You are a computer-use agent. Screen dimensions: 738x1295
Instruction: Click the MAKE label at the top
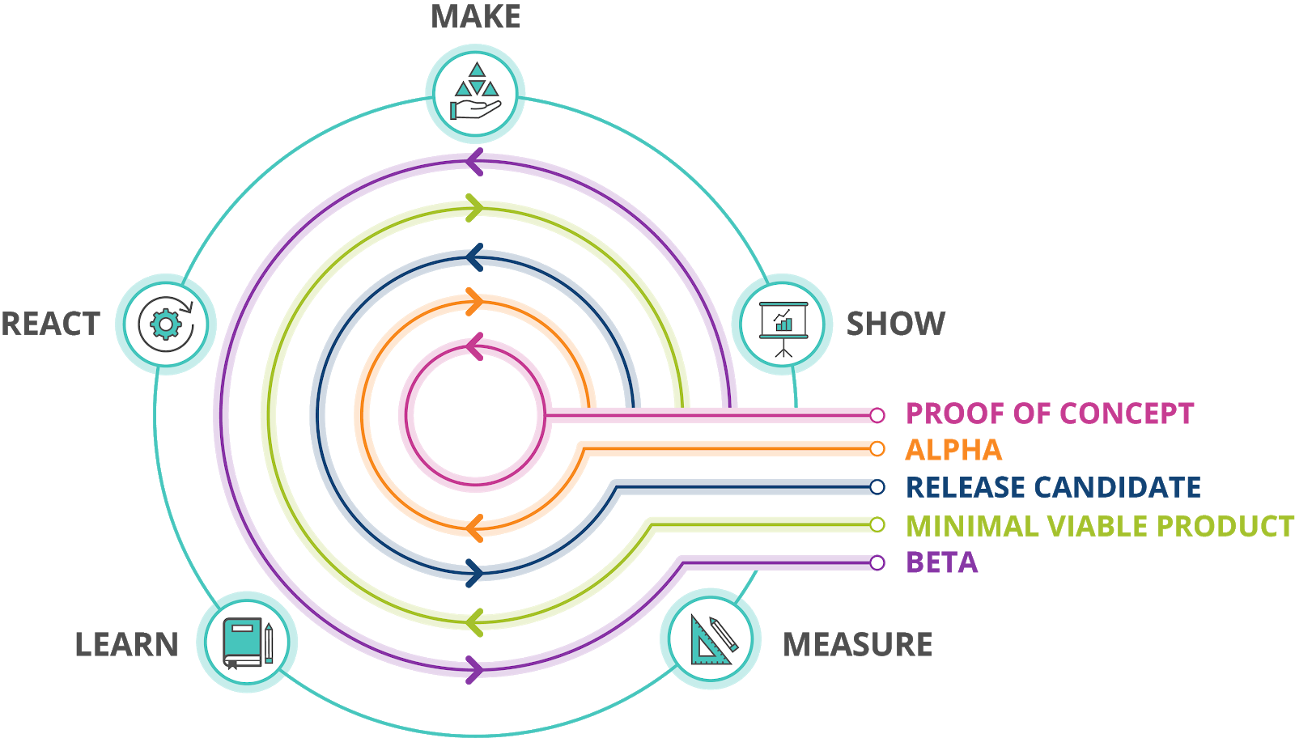coord(475,17)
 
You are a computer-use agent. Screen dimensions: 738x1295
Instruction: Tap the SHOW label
coord(895,324)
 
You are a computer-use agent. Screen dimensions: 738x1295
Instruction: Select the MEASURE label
coord(857,645)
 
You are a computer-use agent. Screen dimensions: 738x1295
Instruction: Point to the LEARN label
coord(126,645)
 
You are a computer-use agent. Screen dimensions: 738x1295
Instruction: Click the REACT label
coord(50,324)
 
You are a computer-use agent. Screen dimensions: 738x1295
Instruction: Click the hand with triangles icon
coord(475,93)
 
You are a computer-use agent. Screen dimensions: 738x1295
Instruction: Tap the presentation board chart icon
coord(782,324)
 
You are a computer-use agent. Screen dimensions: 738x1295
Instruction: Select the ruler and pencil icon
coord(711,639)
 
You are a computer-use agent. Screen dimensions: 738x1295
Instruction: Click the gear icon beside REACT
coord(166,324)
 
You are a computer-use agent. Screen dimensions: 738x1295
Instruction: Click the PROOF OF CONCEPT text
coord(1049,414)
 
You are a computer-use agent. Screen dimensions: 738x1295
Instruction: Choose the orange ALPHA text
coord(953,450)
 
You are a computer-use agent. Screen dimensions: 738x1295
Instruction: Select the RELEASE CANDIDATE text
coord(1053,487)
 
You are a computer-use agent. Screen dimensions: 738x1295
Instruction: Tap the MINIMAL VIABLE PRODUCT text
coord(1099,526)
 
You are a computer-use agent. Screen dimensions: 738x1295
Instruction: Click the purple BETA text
coord(941,562)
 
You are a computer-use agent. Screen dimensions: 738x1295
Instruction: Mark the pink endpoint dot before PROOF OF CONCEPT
coord(877,415)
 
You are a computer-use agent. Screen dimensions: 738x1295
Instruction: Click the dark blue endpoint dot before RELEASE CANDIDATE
coord(877,487)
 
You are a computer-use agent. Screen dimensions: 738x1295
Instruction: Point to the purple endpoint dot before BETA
coord(877,562)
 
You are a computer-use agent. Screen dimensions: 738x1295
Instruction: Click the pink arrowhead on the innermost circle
coord(474,346)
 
